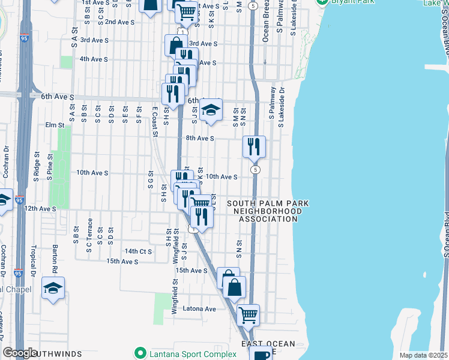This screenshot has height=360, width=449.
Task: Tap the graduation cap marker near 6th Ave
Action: point(211,110)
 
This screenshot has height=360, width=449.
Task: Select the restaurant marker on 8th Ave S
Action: point(254,146)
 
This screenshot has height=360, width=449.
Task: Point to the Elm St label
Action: point(54,125)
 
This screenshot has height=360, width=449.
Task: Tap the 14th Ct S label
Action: point(138,251)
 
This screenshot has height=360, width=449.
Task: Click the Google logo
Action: point(20,353)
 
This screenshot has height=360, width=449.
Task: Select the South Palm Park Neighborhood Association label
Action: point(268,211)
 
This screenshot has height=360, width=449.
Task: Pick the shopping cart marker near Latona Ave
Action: point(248,313)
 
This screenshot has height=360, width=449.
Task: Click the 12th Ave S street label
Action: point(40,208)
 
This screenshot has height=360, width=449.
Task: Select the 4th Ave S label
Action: point(94,59)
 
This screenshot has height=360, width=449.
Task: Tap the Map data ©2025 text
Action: point(423,355)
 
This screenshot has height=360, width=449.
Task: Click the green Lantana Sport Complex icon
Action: point(140,353)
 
